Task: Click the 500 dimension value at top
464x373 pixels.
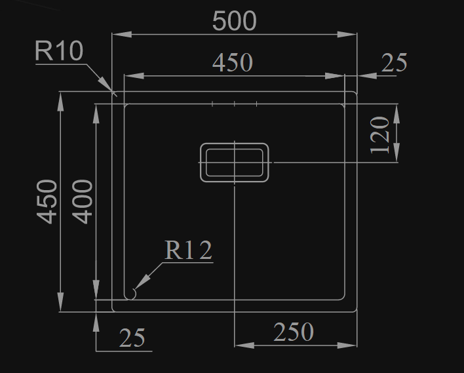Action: point(234,21)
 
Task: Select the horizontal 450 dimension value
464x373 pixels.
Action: point(232,63)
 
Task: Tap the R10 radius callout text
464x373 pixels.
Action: point(59,51)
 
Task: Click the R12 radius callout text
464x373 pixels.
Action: point(188,250)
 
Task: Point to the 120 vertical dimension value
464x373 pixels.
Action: point(381,134)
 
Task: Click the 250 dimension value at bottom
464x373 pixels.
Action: point(293,332)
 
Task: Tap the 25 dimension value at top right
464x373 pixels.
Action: point(394,63)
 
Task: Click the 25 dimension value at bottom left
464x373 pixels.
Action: point(132,339)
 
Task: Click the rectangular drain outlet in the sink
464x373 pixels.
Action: point(234,162)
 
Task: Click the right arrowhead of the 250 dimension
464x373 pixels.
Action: point(350,345)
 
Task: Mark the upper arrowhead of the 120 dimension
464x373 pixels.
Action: point(396,111)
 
